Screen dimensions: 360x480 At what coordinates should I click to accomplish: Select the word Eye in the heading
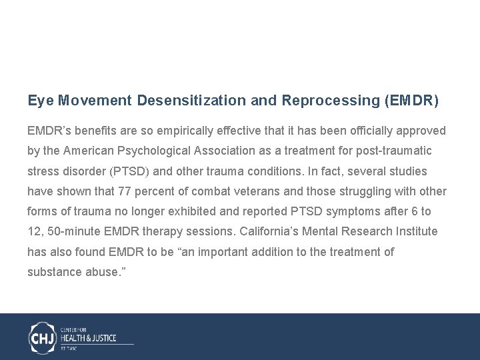[x=40, y=101]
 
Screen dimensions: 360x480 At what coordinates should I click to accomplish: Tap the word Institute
[x=415, y=231]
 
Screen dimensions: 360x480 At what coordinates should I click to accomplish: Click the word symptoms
[x=345, y=211]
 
